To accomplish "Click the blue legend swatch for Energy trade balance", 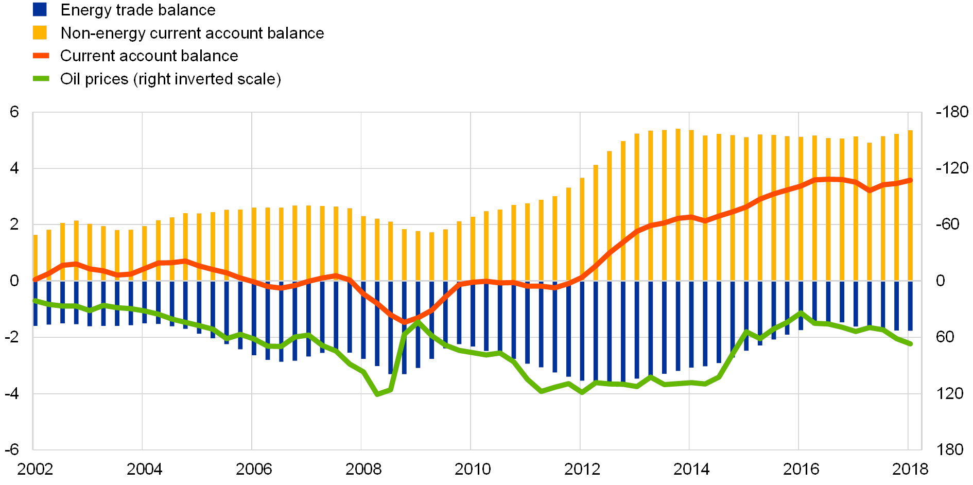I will tap(40, 9).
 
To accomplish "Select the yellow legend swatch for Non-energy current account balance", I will tap(40, 33).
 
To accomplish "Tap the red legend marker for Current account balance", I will tap(41, 56).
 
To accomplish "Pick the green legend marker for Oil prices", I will tap(41, 79).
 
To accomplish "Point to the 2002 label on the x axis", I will tap(35, 469).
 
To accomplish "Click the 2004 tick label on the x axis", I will tap(144, 469).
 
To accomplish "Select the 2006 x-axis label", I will tap(253, 469).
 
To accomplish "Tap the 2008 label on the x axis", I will tap(363, 469).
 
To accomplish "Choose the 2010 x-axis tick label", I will tap(472, 469).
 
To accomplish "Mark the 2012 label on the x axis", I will tap(582, 469).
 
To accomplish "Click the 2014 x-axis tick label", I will tap(691, 469).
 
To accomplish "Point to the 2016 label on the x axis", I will tap(801, 469).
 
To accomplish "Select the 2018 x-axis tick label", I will tap(910, 469).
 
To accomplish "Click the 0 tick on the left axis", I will tap(14, 281).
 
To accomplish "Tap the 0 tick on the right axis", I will tap(940, 281).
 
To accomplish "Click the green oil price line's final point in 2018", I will tap(910, 343).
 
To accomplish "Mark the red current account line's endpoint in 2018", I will tap(910, 180).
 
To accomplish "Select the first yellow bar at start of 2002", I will tap(36, 257).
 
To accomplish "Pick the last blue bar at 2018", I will tap(910, 306).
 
